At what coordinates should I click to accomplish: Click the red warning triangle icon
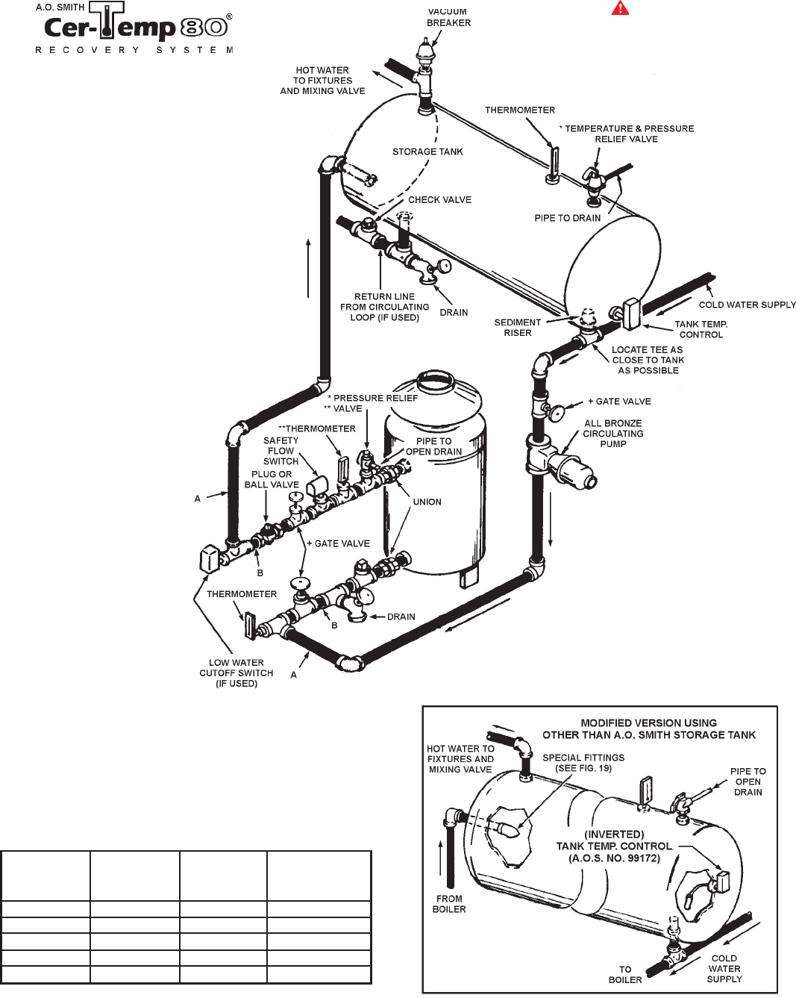pyautogui.click(x=620, y=8)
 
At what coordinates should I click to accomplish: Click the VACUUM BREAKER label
pyautogui.click(x=448, y=18)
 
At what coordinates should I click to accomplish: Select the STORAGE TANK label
pyautogui.click(x=427, y=152)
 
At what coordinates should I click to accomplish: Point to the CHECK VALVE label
pyautogui.click(x=439, y=200)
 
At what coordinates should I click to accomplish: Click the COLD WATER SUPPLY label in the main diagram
pyautogui.click(x=747, y=305)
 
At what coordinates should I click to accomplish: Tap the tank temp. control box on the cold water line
pyautogui.click(x=631, y=314)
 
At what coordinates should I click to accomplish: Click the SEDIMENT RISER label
pyautogui.click(x=518, y=328)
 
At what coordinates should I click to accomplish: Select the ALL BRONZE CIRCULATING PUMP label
pyautogui.click(x=613, y=434)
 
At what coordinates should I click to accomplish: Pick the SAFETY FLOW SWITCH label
pyautogui.click(x=281, y=451)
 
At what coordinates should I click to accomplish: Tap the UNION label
pyautogui.click(x=427, y=502)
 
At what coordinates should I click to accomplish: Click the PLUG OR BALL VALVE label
pyautogui.click(x=272, y=479)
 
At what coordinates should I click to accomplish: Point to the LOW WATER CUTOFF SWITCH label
pyautogui.click(x=236, y=673)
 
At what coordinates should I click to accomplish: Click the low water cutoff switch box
pyautogui.click(x=209, y=559)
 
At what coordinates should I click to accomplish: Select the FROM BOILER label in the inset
pyautogui.click(x=449, y=905)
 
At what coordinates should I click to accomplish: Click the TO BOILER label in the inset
pyautogui.click(x=625, y=974)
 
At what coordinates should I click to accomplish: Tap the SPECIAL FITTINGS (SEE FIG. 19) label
pyautogui.click(x=583, y=763)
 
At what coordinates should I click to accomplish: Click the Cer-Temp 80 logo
pyautogui.click(x=134, y=28)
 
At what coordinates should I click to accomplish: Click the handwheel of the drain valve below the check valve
pyautogui.click(x=444, y=266)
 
